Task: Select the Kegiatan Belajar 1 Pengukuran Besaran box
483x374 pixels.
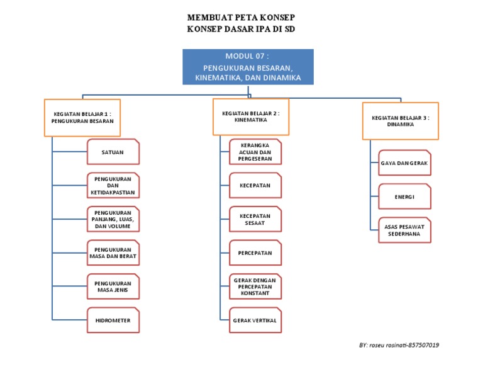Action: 82,118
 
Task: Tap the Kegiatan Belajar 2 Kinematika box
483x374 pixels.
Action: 250,116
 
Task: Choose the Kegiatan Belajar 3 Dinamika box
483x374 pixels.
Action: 400,121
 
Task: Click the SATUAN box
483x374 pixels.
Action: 113,152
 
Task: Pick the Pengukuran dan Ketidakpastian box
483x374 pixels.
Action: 113,186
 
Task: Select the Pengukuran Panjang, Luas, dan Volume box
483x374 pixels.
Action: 113,219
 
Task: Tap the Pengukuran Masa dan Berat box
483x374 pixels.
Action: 113,252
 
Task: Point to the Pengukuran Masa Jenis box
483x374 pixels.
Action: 113,286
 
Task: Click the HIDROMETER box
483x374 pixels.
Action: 113,320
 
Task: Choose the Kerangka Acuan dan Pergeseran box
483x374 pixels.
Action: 255,152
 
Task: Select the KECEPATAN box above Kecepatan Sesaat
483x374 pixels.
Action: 255,186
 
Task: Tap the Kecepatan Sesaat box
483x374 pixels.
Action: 255,219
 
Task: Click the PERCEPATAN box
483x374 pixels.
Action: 255,252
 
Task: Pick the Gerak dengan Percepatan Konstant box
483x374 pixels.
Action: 255,286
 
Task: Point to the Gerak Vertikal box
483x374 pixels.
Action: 255,320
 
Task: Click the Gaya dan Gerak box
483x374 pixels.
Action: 404,163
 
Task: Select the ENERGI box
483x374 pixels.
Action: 404,196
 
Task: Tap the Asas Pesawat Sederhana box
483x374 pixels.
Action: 404,230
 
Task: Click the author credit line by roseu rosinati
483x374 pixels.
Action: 399,345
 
